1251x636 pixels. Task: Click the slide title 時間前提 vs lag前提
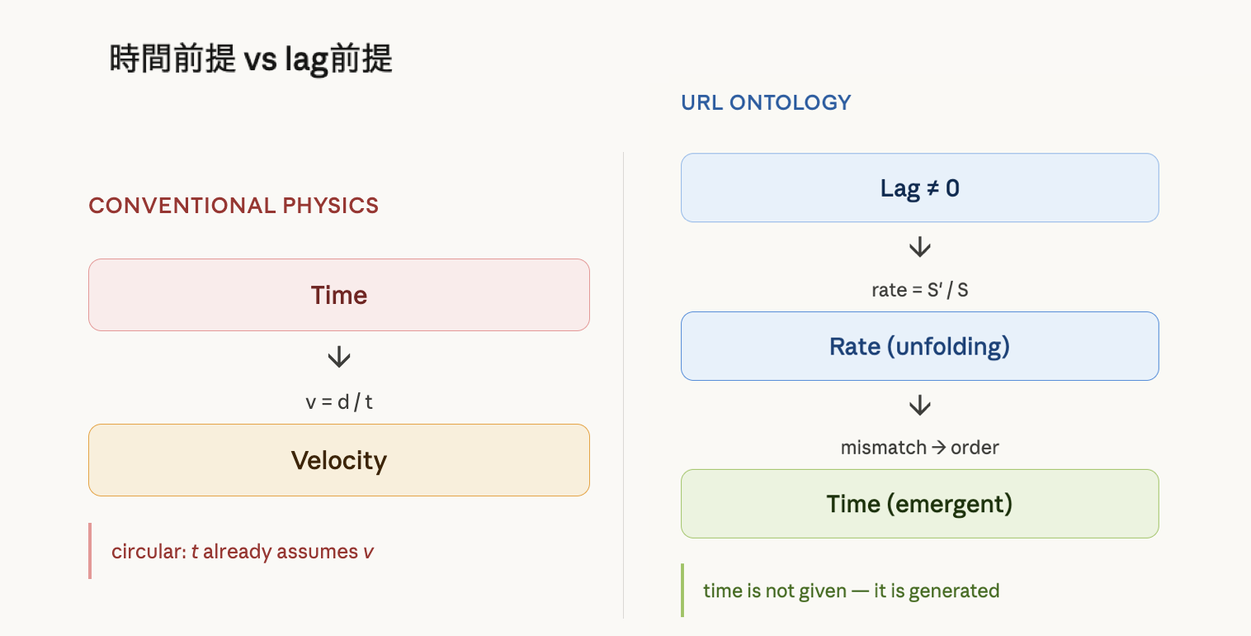[251, 59]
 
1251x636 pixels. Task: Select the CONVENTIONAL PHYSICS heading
[234, 206]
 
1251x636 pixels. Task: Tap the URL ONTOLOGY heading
[766, 102]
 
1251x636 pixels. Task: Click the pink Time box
[339, 295]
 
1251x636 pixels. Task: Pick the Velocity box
[339, 460]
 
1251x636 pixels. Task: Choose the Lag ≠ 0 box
[919, 187]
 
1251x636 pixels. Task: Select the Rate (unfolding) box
[919, 346]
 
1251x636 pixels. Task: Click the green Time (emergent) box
[919, 504]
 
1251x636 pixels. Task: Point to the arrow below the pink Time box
[339, 357]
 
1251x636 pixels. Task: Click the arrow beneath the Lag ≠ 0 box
[919, 247]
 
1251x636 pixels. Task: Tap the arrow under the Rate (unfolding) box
[919, 406]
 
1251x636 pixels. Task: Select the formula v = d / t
[339, 402]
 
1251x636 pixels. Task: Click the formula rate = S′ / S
[919, 290]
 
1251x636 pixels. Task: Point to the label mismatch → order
[919, 448]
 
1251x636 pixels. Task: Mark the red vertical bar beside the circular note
[90, 551]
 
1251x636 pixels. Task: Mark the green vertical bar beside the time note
[682, 590]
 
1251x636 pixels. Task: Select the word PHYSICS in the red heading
[331, 206]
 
